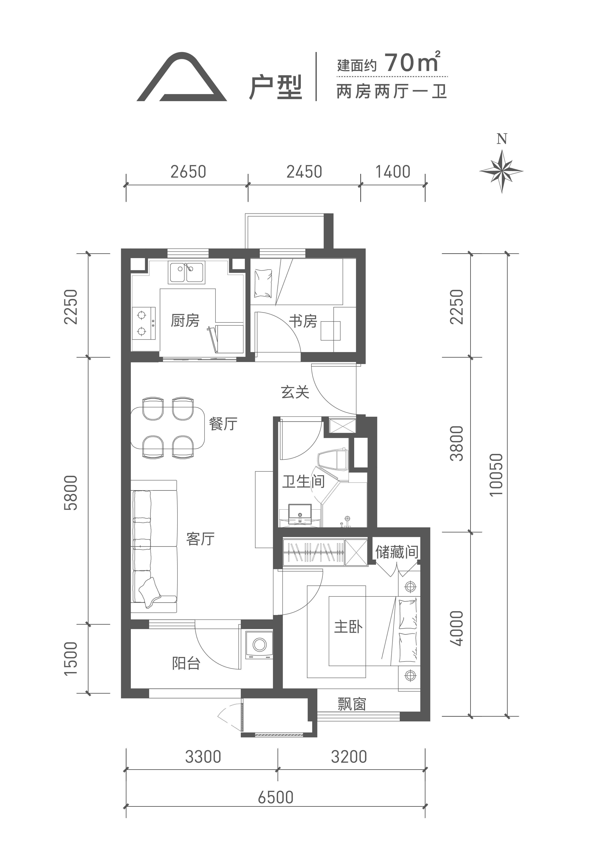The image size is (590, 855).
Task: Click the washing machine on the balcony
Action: [259, 645]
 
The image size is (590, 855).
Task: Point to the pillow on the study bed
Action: [263, 284]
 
